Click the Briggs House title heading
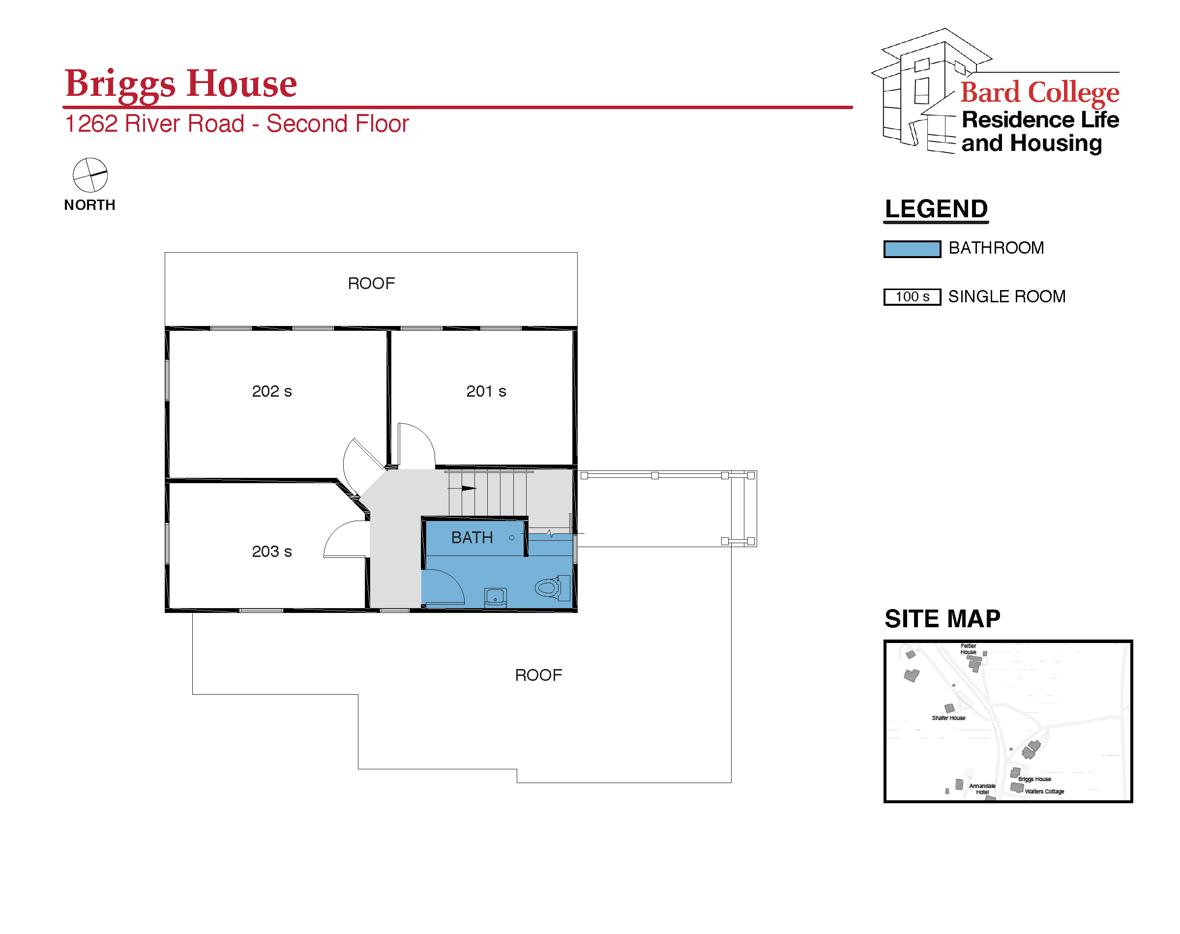[180, 84]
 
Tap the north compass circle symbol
[90, 175]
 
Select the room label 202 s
[272, 391]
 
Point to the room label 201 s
[486, 391]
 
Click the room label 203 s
[272, 551]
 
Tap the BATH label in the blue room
[472, 538]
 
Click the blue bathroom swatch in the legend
[912, 249]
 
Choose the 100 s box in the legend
[912, 297]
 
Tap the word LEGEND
[936, 209]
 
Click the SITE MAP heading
[942, 619]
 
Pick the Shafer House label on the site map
[948, 718]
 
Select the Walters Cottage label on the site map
[1044, 791]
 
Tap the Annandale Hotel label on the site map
[982, 789]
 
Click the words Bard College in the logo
[1039, 92]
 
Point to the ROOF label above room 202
[371, 283]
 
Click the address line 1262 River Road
[154, 123]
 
